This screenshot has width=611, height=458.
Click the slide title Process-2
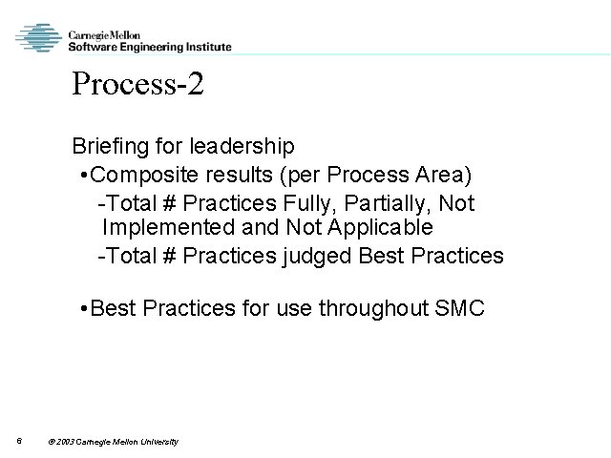[137, 86]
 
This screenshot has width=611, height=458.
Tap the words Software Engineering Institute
[149, 45]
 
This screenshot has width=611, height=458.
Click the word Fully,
[305, 203]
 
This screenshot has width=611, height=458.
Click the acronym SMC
[459, 309]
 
